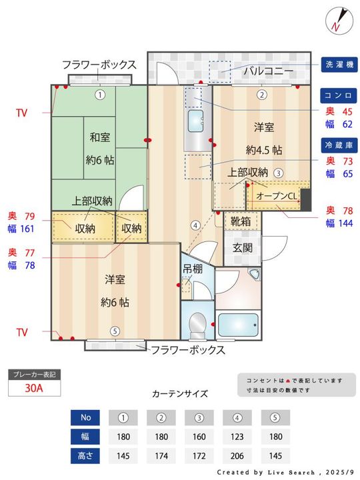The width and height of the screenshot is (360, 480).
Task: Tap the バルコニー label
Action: point(265,69)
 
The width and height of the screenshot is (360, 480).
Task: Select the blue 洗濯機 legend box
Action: point(340,65)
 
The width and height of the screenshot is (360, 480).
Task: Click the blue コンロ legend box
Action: point(340,95)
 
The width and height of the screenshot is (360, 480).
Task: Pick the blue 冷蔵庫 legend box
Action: point(340,145)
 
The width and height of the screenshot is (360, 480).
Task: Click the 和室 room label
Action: point(100,137)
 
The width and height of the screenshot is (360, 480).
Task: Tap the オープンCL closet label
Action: point(275,197)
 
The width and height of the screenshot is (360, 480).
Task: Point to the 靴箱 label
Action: point(241,221)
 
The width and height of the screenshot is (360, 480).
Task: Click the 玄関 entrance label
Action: point(242,248)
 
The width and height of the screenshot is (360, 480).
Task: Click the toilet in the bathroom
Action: point(197,325)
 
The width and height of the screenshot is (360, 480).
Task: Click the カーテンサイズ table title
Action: point(179,393)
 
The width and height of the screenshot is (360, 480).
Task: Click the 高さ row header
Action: point(85,457)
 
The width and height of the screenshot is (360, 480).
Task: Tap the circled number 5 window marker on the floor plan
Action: point(115,331)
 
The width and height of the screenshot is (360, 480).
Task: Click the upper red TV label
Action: point(22,113)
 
